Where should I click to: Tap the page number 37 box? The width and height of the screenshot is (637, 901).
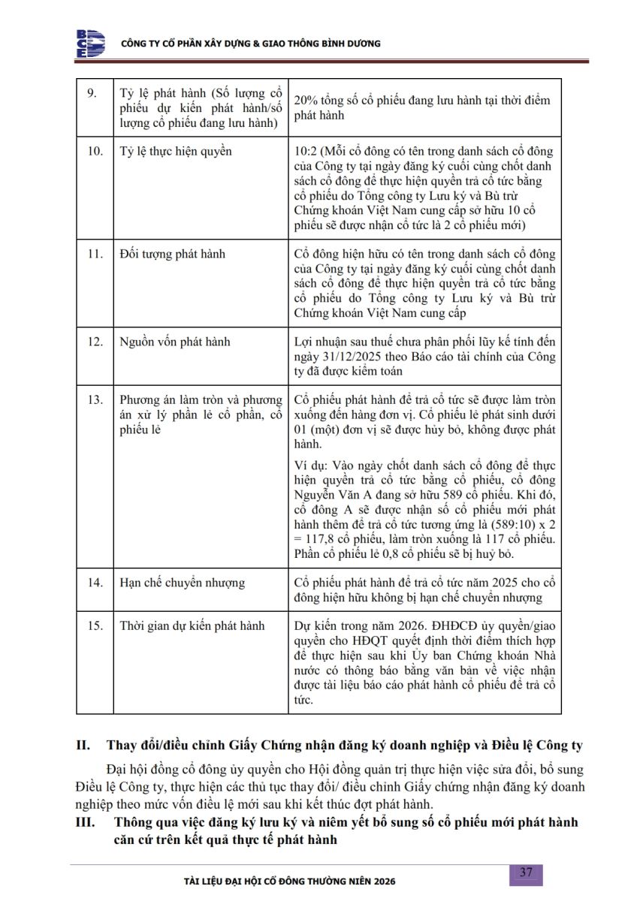526,872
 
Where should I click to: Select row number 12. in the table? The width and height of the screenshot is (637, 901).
95,342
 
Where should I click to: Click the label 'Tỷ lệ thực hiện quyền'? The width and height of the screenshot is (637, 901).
176,152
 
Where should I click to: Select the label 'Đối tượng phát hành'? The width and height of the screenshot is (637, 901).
172,254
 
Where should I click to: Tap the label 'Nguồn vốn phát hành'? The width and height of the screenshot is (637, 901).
175,342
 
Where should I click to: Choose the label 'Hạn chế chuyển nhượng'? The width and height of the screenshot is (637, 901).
182,582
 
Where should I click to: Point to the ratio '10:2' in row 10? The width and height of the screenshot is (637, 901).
309,152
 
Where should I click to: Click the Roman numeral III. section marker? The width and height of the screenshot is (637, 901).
86,822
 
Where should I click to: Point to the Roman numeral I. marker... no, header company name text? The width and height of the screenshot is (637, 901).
251,44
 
